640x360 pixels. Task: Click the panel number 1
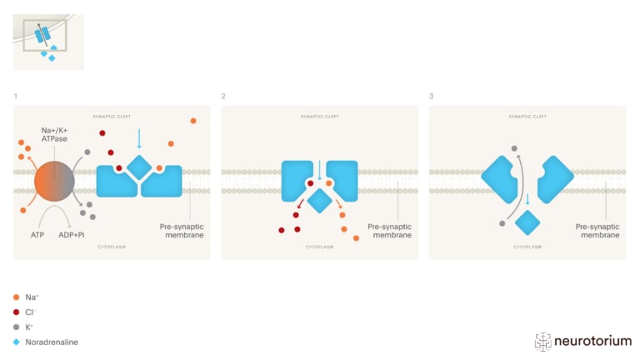(15, 97)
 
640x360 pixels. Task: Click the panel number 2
(223, 97)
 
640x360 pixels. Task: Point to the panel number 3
(431, 97)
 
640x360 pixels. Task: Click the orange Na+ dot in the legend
(17, 297)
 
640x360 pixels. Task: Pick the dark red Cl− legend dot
(17, 312)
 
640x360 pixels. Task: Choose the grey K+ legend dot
(17, 327)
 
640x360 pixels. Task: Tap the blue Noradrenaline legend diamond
(17, 342)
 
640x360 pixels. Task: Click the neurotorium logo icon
(543, 341)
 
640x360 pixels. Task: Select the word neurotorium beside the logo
(593, 341)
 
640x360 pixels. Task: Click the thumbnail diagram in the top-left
(47, 41)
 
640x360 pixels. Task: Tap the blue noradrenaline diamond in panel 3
(527, 222)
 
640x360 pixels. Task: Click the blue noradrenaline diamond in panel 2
(319, 201)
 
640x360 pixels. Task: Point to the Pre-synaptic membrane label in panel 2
(390, 230)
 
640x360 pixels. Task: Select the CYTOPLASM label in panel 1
(112, 247)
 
